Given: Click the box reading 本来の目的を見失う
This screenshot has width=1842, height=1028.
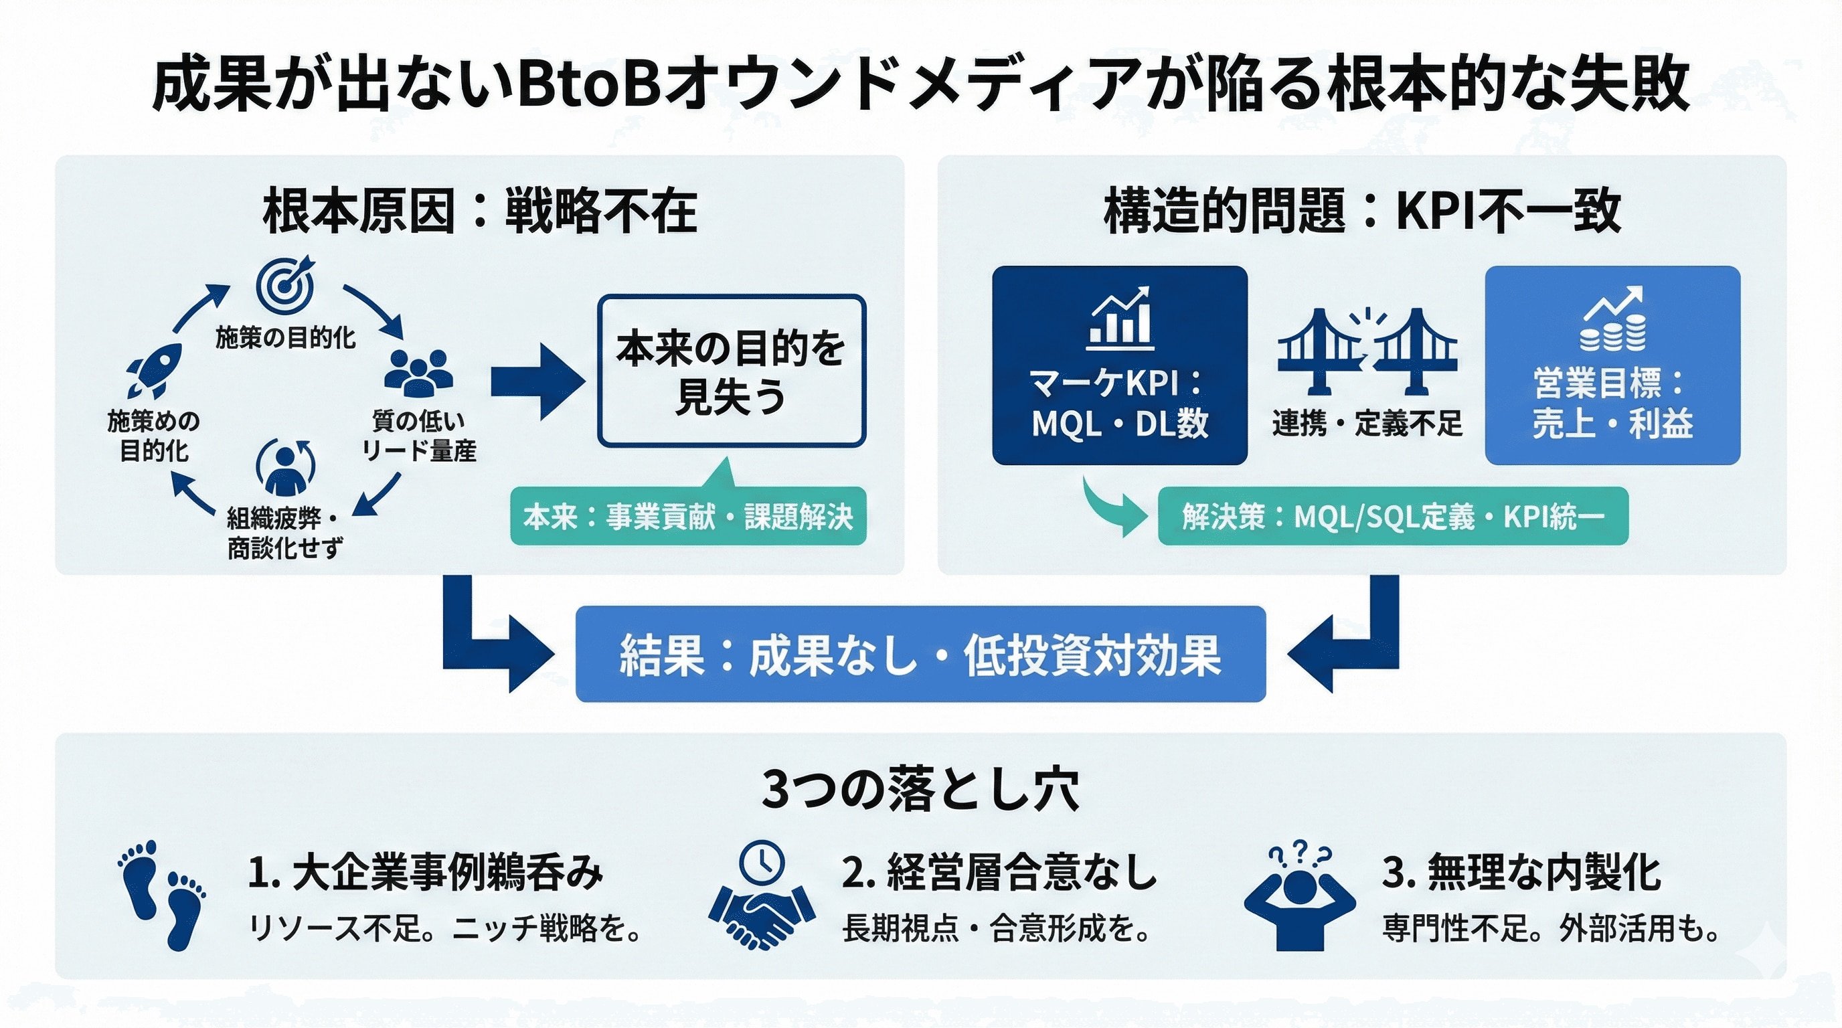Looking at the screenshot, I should tap(731, 371).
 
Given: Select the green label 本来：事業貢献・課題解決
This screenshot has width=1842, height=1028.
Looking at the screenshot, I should tap(688, 516).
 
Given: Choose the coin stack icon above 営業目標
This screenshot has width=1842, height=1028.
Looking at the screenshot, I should tap(1612, 319).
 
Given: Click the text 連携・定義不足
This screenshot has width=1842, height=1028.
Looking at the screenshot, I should tap(1367, 423).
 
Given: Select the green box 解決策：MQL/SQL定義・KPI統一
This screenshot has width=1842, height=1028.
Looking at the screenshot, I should tap(1392, 516).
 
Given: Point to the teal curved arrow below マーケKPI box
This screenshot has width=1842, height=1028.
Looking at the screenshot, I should tap(1113, 507).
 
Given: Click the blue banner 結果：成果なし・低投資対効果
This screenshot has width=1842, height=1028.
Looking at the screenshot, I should tap(920, 654).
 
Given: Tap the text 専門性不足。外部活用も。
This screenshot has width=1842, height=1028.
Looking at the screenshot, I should tap(1550, 929).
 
